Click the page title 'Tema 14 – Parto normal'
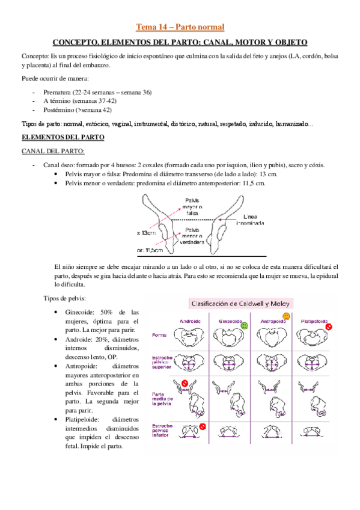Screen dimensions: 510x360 [x=180, y=27]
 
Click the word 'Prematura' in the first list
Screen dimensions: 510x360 [x=57, y=92]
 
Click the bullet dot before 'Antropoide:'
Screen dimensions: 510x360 [x=56, y=365]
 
